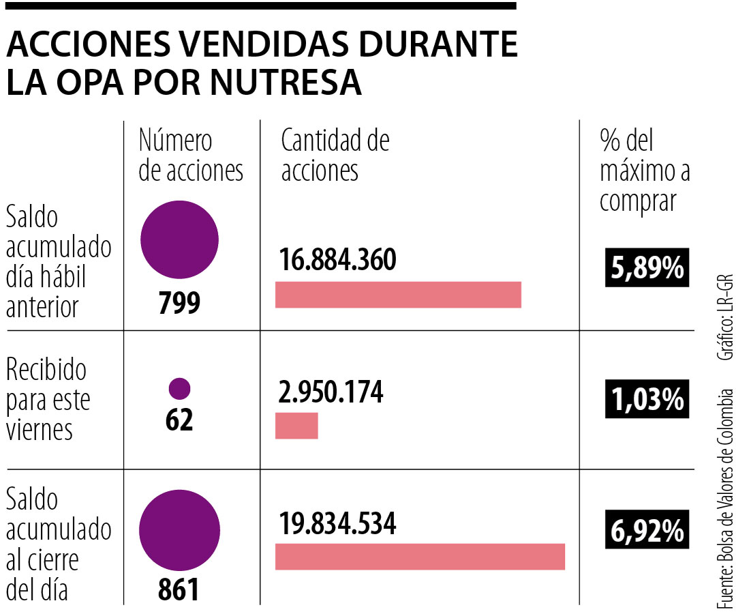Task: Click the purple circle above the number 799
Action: (x=179, y=239)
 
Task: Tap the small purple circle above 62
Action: (x=179, y=388)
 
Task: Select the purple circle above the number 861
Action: (x=179, y=531)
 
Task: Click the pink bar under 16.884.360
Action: (x=398, y=295)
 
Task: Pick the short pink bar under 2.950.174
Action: (x=296, y=426)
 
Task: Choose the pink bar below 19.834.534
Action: (x=420, y=556)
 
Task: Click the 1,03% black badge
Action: (x=647, y=399)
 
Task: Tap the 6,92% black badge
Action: (x=647, y=530)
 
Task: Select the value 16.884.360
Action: (x=337, y=260)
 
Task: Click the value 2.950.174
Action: (x=331, y=392)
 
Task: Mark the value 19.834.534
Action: (x=337, y=523)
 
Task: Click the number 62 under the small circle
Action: (x=179, y=420)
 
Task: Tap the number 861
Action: (x=179, y=589)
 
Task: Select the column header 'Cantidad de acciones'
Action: (x=335, y=156)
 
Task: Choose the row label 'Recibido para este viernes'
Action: (x=48, y=400)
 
